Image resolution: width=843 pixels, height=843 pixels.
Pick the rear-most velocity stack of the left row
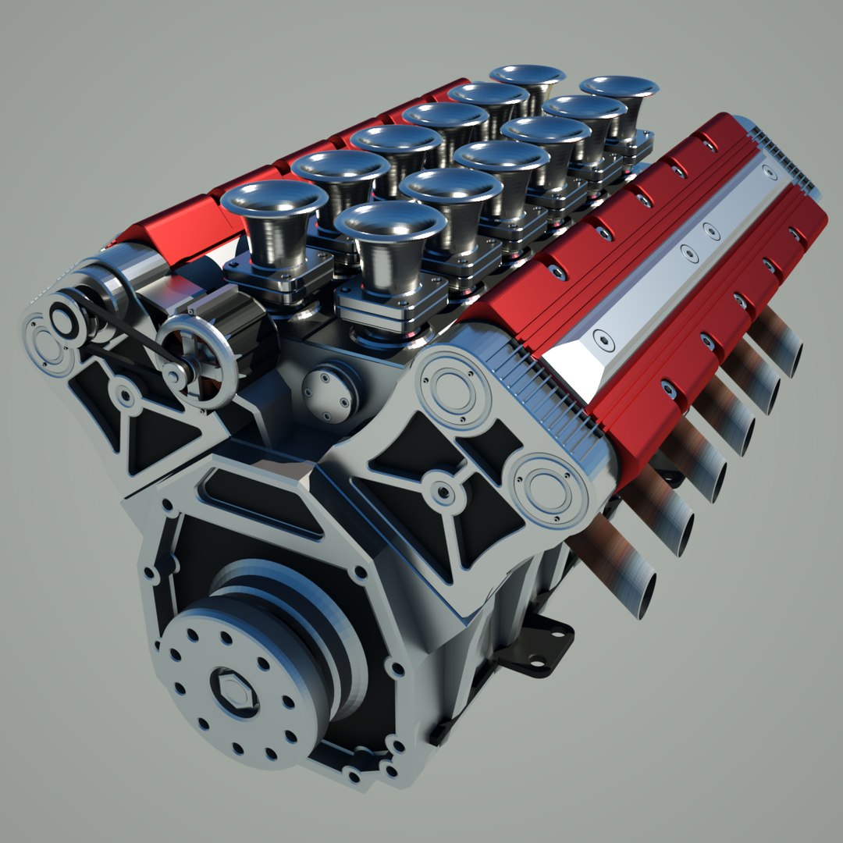click(x=528, y=75)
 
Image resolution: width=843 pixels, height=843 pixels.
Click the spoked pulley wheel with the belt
click(x=197, y=359)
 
